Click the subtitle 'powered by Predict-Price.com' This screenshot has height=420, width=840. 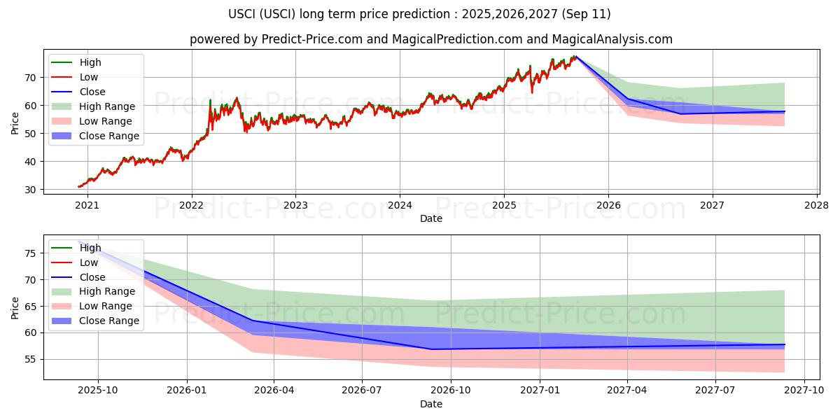[430, 39]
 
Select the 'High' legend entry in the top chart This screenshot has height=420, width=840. [90, 62]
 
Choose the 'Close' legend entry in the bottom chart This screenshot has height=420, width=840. [92, 277]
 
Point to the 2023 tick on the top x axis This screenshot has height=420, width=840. [295, 205]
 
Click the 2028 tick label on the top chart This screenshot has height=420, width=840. [817, 205]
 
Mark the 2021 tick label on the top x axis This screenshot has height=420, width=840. [87, 205]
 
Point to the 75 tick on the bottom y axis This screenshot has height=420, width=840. [31, 253]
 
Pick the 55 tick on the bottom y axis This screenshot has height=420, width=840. [31, 360]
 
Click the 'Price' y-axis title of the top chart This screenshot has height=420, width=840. [15, 122]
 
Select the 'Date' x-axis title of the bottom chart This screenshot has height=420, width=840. [430, 404]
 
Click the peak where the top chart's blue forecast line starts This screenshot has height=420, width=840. [575, 56]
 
